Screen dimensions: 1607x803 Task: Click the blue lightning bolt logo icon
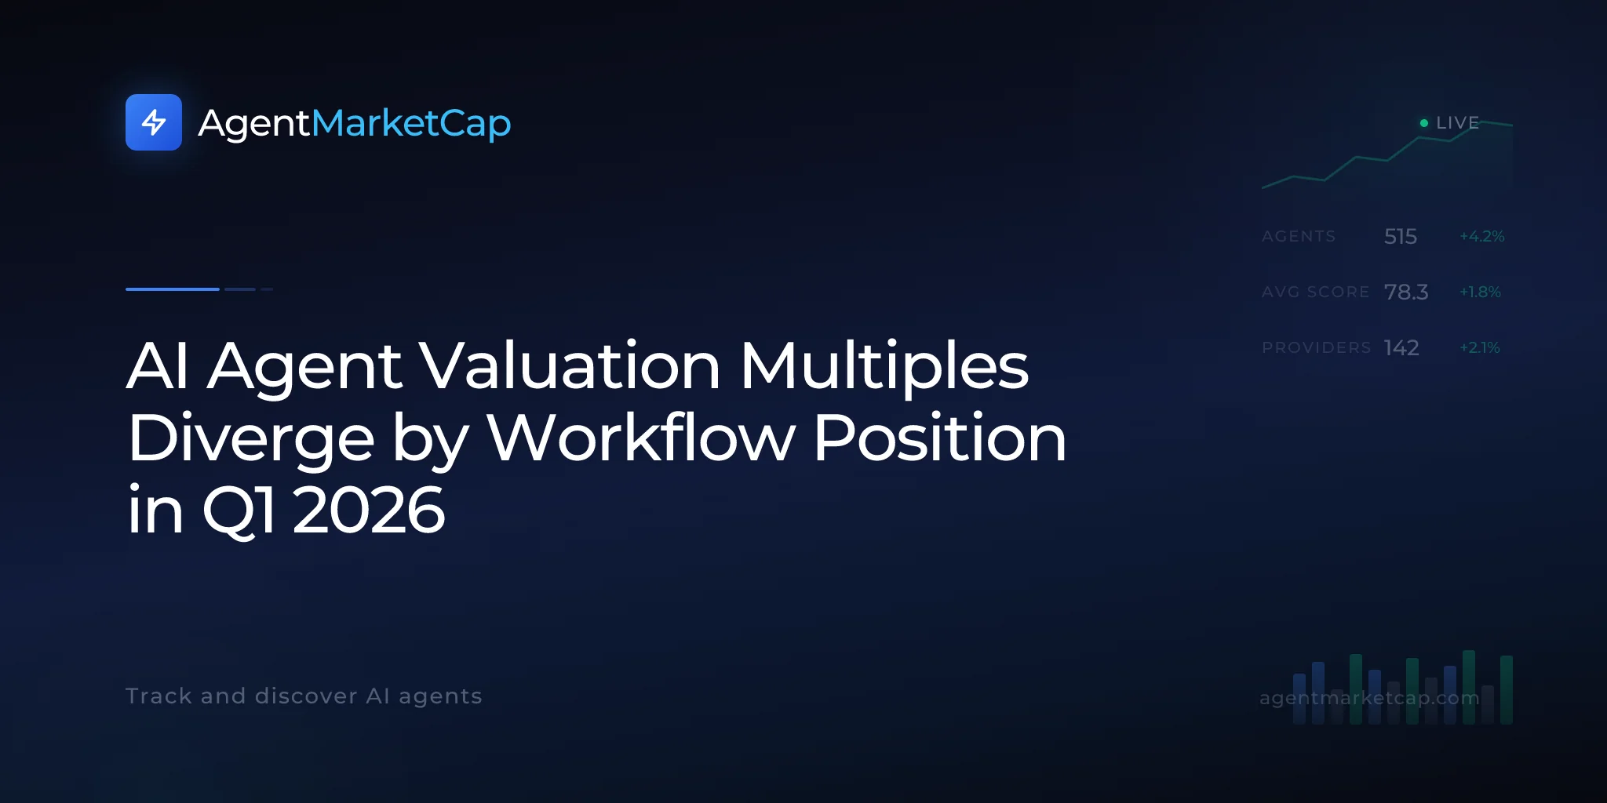(x=154, y=122)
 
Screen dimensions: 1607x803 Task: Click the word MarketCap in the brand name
(x=411, y=124)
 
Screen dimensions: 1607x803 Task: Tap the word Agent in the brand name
(x=254, y=124)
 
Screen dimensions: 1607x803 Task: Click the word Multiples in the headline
(x=884, y=365)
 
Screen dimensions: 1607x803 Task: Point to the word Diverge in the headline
(x=251, y=439)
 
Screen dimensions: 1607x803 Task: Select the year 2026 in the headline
(x=369, y=510)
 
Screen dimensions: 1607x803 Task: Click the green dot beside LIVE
(x=1424, y=123)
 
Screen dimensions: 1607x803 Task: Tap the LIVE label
(x=1458, y=123)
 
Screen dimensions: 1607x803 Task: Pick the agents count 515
(x=1401, y=236)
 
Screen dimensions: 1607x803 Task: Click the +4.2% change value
(x=1482, y=236)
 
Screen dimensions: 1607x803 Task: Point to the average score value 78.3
(x=1406, y=292)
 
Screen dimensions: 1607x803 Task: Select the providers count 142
(x=1401, y=347)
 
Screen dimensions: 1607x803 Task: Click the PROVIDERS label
(x=1317, y=347)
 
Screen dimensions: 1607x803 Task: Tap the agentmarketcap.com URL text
(x=1369, y=698)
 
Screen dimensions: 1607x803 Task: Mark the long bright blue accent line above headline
(x=173, y=289)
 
